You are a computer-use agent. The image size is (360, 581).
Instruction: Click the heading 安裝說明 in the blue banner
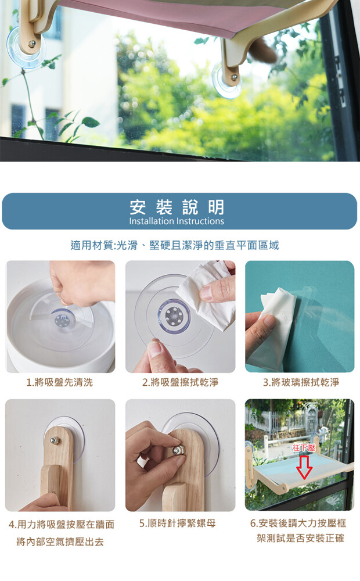(177, 207)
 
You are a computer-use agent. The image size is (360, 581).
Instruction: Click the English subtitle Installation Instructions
(177, 221)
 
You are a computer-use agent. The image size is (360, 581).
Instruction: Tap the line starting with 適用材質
(175, 245)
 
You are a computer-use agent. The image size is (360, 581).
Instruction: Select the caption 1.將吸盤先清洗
(60, 382)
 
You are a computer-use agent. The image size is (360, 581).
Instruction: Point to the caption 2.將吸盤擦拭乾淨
(181, 382)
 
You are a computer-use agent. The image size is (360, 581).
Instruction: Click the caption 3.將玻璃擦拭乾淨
(301, 382)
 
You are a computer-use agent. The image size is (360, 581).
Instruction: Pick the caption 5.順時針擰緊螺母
(178, 523)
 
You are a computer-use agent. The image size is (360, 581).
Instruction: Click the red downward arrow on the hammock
(304, 467)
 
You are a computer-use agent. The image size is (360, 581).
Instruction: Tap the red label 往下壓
(303, 448)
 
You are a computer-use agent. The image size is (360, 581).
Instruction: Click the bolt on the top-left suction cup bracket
(32, 44)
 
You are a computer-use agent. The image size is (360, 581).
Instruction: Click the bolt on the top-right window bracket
(234, 77)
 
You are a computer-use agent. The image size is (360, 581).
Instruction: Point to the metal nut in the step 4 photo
(55, 440)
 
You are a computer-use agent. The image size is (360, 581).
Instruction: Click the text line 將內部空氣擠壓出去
(60, 542)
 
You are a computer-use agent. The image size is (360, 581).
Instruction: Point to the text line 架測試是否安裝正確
(300, 538)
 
